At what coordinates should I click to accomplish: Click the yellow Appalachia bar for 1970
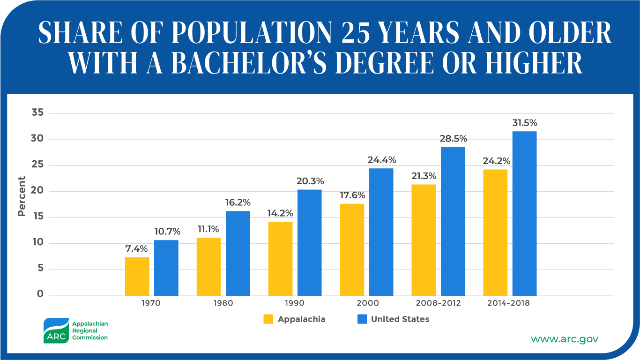point(137,276)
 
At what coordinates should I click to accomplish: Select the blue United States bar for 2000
point(381,232)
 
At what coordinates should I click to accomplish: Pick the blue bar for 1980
point(238,253)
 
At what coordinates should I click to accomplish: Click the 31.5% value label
point(524,123)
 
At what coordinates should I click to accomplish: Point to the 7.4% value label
point(137,249)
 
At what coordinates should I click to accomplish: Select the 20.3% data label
point(310,181)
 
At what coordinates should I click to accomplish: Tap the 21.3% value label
point(424,176)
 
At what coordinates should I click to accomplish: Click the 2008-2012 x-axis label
point(438,303)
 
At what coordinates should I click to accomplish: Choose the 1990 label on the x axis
point(294,303)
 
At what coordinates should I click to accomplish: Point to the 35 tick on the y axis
point(38,113)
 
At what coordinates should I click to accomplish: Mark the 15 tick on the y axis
point(38,217)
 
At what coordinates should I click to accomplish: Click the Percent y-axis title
point(22,196)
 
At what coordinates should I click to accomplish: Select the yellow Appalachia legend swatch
point(268,319)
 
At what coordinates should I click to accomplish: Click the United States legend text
point(400,319)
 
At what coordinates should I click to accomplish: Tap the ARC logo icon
point(56,331)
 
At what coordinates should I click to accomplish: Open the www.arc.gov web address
point(564,338)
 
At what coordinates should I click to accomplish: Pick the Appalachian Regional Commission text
point(89,330)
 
